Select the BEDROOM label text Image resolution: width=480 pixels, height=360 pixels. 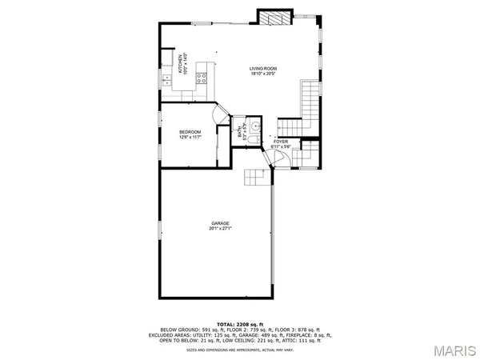190,131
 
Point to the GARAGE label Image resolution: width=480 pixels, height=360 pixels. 220,222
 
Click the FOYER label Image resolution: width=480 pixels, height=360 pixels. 281,141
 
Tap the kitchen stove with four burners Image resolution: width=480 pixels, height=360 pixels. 203,78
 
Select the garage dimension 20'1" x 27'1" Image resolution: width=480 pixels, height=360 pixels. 220,229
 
